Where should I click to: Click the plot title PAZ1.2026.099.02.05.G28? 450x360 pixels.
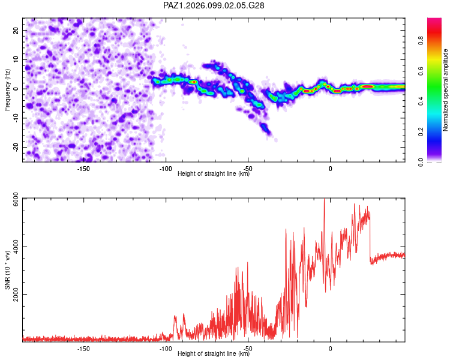coord(214,5)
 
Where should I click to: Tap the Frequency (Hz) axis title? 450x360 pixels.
coord(7,89)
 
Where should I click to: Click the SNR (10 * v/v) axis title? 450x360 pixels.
coord(7,270)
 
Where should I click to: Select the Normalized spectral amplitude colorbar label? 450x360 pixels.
coord(445,90)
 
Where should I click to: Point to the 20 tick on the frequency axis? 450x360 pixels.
coord(16,30)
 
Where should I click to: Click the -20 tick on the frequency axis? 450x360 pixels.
coord(16,147)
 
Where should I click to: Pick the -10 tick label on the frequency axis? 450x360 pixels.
coord(16,118)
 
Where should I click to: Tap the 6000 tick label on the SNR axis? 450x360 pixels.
coord(16,199)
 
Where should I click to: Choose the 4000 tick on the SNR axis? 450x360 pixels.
coord(16,247)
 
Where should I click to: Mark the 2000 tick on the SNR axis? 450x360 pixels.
coord(16,294)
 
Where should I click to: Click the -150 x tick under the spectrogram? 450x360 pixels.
coord(83,169)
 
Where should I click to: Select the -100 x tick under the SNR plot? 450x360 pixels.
coord(166,349)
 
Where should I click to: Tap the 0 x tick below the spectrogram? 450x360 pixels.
coord(331,169)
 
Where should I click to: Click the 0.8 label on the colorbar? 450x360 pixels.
coord(421,40)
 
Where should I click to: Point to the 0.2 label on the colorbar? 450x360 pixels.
coord(421,132)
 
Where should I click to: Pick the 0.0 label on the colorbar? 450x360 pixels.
coord(421,162)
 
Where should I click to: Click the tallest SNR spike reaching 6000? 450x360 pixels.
coord(324,199)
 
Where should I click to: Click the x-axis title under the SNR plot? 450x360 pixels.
coord(214,353)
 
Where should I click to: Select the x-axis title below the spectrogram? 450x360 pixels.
coord(214,173)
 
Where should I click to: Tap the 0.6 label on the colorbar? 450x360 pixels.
coord(421,71)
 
